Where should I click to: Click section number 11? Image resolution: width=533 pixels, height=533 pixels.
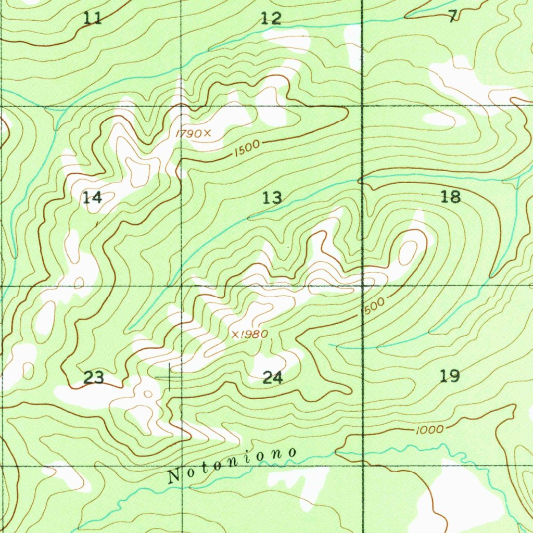[93, 19]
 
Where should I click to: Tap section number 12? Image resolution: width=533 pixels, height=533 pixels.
[271, 19]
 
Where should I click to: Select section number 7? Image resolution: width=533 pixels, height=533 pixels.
[453, 16]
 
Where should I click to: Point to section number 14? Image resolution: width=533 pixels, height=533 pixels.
[92, 197]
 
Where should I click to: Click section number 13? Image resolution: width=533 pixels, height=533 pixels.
[272, 197]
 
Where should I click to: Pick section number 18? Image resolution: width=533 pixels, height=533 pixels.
[450, 197]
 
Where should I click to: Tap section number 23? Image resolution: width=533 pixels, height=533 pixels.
[94, 377]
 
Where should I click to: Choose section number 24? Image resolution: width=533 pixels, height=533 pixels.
[272, 378]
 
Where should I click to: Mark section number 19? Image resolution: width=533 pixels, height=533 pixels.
[450, 375]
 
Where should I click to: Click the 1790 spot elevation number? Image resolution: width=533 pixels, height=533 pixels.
[188, 134]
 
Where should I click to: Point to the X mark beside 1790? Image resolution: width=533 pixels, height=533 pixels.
[207, 133]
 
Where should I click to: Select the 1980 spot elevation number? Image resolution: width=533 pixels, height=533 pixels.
[255, 334]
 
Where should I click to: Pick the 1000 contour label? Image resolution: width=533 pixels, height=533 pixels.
[430, 429]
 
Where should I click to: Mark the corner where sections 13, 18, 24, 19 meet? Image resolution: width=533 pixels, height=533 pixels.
[363, 286]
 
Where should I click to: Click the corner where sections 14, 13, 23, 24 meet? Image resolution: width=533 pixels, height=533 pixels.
[182, 286]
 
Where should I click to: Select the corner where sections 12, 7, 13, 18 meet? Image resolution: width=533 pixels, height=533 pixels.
[362, 106]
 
